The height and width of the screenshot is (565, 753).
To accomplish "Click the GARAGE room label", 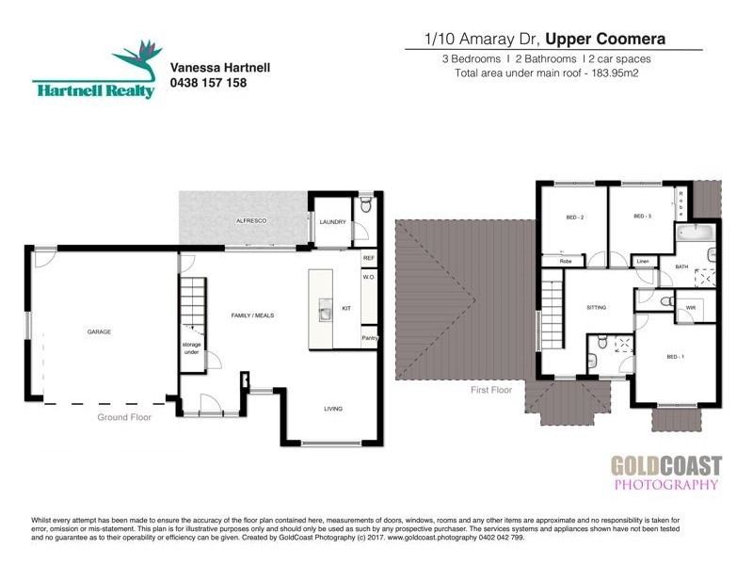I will (x=100, y=331).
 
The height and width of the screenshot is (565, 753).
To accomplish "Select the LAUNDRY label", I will (x=333, y=222).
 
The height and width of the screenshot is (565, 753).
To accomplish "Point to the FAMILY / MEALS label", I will (x=253, y=315).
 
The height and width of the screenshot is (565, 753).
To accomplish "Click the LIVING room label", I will (x=333, y=409).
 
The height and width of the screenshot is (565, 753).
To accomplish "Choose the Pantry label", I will (x=370, y=338).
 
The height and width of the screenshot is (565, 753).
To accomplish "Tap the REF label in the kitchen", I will (x=369, y=257).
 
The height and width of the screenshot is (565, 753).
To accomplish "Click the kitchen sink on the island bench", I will (x=325, y=310).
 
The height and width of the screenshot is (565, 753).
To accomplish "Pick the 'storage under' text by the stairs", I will (x=192, y=347).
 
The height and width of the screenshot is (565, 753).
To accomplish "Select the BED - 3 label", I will (x=643, y=217).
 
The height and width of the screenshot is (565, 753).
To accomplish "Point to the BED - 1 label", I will (x=676, y=357).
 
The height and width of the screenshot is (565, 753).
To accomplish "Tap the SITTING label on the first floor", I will (x=596, y=308).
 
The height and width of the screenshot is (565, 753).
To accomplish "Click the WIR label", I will (x=691, y=307).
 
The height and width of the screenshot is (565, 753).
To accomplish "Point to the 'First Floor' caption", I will (x=490, y=387).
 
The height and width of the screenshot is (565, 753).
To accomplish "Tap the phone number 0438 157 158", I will (x=208, y=83).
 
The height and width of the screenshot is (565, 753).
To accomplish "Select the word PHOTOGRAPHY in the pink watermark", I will (x=665, y=485).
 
